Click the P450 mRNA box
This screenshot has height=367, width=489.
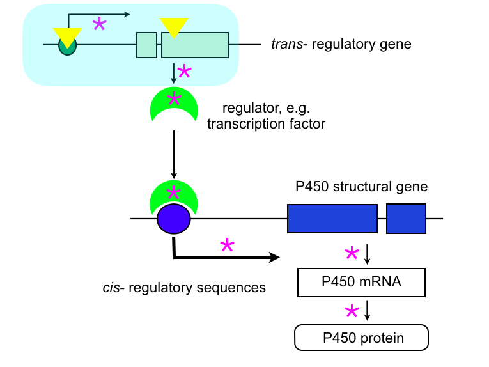point(361,282)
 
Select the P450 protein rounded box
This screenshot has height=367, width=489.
point(361,338)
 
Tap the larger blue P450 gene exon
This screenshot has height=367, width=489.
point(332,219)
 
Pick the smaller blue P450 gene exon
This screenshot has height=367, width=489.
point(406,219)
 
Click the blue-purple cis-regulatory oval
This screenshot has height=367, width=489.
point(174,219)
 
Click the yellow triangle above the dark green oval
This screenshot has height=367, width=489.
point(67,36)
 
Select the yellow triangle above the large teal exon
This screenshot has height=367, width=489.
point(174,26)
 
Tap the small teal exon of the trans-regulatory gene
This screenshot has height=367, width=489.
point(147,45)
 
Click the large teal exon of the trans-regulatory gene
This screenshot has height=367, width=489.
point(194,45)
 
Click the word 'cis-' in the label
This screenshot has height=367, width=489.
point(114,288)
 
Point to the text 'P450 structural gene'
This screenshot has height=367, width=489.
point(361,187)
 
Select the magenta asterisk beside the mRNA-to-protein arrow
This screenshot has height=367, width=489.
point(351,311)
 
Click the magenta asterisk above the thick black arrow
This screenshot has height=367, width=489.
point(226,245)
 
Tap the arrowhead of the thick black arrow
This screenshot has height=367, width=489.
point(276,258)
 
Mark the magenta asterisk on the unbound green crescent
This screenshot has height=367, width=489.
point(173,98)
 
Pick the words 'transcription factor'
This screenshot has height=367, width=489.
point(266,124)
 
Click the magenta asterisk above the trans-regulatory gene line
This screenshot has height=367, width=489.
point(100,24)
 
